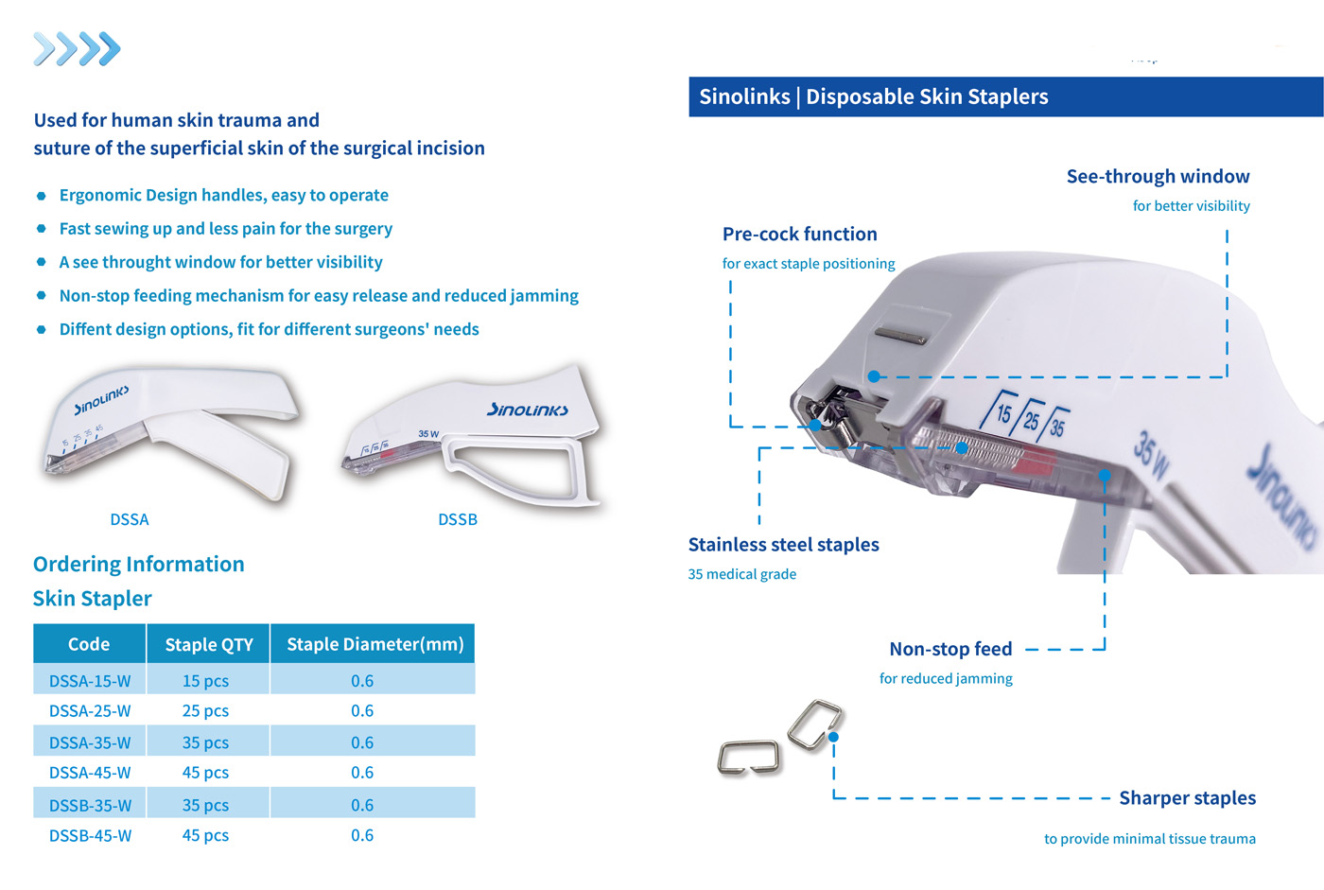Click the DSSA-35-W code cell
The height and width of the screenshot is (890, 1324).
90,742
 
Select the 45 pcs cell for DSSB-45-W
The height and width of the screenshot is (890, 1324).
205,835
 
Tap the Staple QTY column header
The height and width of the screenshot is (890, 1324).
209,644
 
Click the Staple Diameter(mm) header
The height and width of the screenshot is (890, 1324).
375,643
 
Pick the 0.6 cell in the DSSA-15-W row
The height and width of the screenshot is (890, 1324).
361,681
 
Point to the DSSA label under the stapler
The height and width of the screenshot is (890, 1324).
130,519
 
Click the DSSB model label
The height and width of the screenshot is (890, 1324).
458,519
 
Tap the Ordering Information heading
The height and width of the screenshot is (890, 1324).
138,565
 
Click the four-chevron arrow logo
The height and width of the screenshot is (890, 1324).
77,48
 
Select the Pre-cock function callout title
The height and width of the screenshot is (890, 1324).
800,234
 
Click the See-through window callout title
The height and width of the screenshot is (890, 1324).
1158,176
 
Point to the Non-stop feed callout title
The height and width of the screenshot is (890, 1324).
950,649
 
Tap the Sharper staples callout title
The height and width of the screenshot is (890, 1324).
1188,798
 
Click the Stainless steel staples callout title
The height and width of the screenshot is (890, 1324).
783,544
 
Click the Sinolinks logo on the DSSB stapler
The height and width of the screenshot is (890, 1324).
528,410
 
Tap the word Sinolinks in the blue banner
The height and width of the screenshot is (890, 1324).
745,96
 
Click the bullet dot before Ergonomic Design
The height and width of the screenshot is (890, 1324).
42,196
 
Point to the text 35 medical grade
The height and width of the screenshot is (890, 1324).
741,574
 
